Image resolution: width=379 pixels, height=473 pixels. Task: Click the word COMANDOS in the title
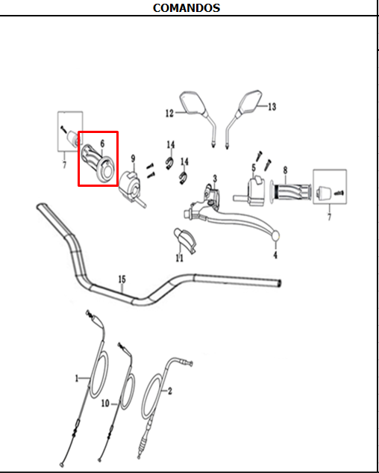187,7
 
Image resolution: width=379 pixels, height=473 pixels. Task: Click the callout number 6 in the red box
102,144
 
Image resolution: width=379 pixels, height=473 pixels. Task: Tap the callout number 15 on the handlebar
122,279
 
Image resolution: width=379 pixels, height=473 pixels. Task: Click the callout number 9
133,158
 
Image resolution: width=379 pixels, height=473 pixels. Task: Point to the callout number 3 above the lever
215,179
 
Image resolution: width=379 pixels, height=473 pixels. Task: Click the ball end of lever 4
275,236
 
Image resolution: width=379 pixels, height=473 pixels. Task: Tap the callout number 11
180,259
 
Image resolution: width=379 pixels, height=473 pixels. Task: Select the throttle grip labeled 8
289,192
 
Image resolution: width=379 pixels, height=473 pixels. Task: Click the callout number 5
254,167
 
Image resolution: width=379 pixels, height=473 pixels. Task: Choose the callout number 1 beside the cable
77,378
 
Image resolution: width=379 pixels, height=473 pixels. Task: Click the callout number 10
105,404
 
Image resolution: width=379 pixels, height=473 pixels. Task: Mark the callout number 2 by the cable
170,392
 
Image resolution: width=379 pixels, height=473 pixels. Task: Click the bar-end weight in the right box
324,193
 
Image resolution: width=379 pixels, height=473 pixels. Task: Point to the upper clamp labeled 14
169,163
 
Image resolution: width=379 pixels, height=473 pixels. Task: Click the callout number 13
272,107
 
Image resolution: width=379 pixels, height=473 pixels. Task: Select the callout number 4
275,256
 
